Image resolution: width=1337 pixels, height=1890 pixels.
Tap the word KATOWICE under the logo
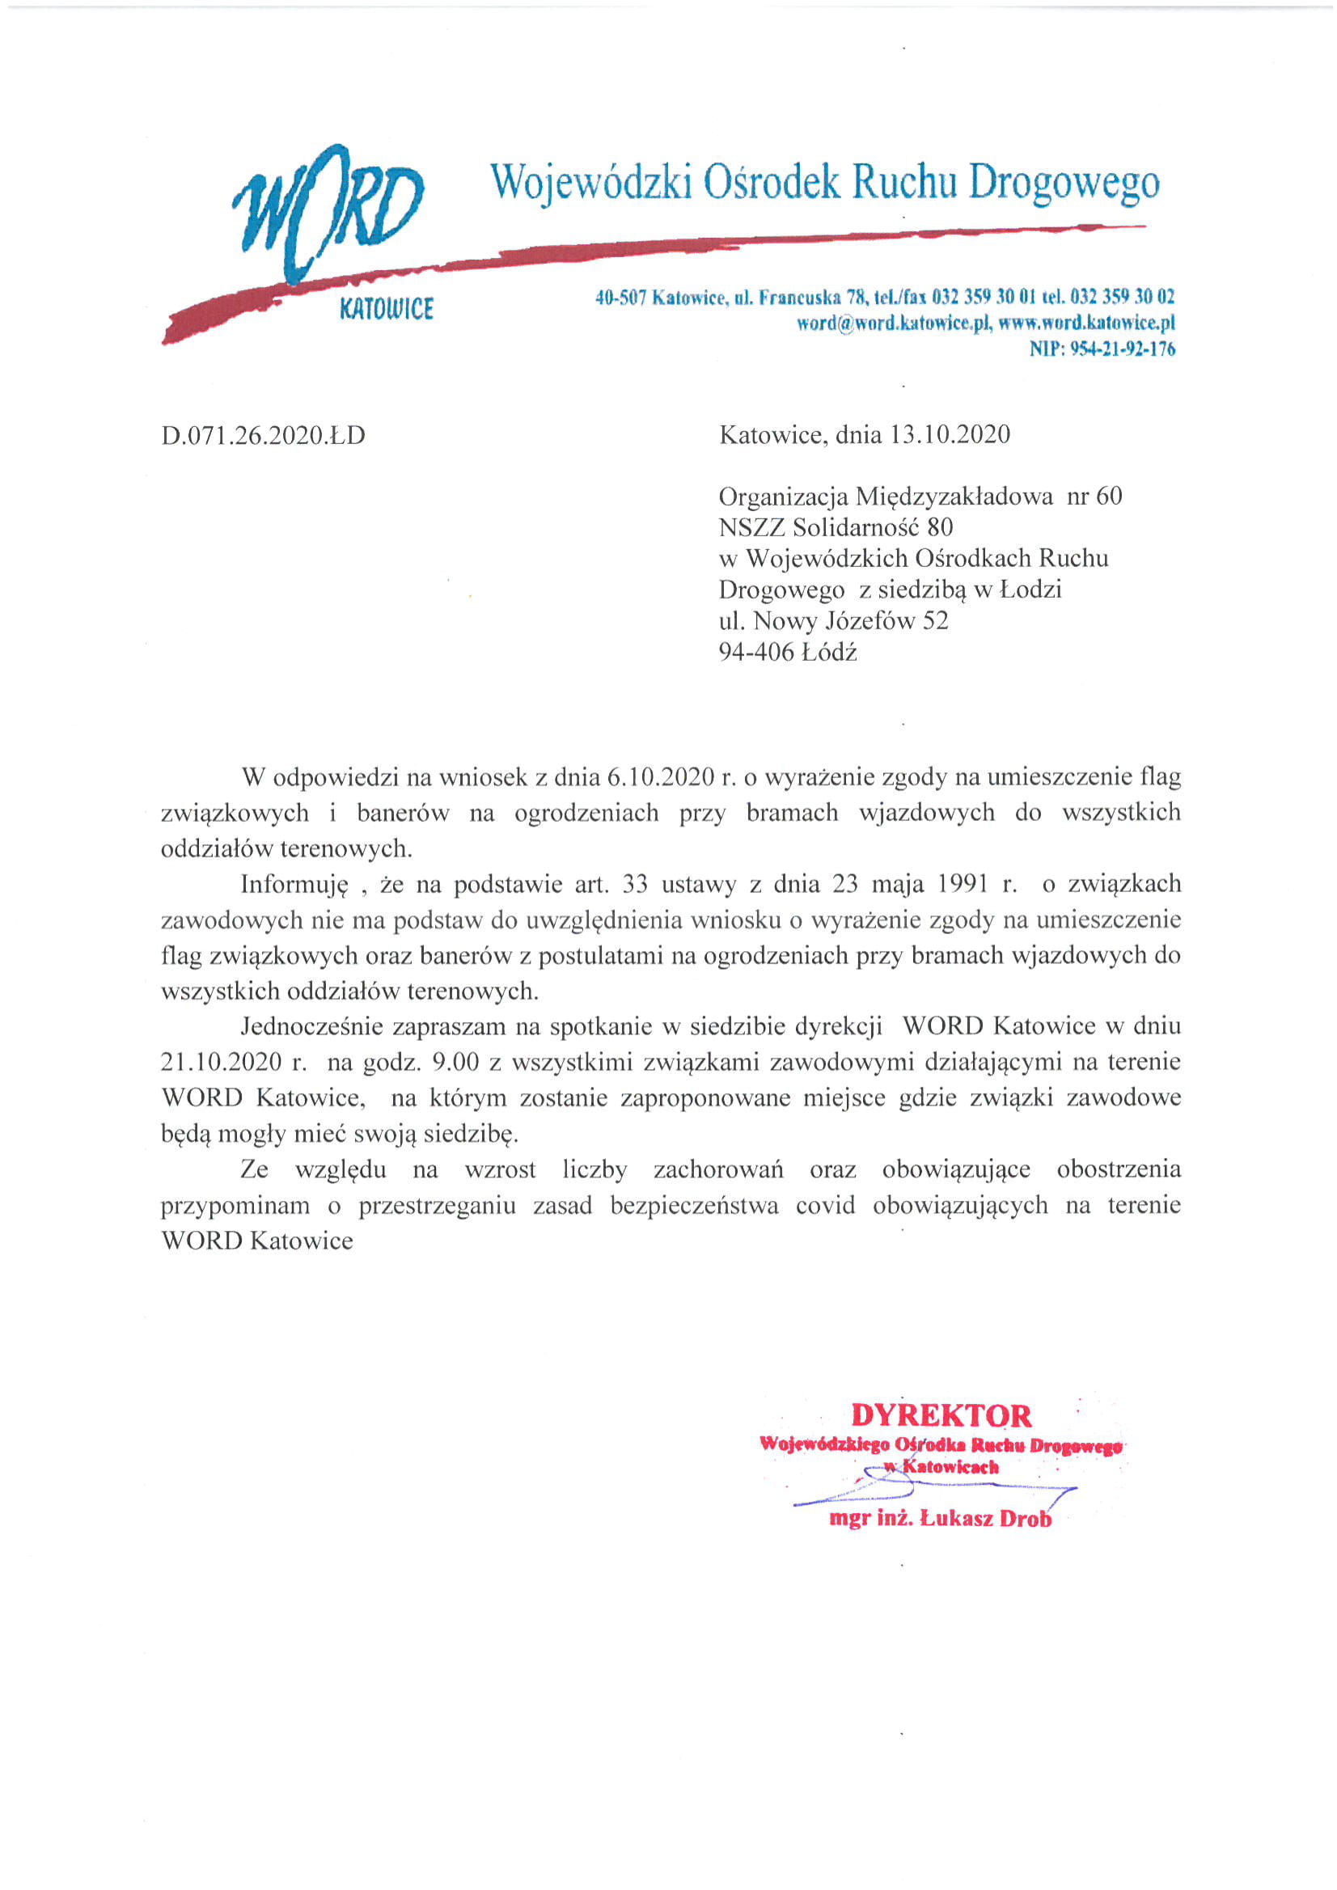[386, 310]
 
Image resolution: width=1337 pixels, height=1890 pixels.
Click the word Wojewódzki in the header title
[590, 183]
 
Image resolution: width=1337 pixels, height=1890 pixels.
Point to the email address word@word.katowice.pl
[891, 323]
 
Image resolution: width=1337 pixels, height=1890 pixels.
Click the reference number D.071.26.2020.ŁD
[263, 434]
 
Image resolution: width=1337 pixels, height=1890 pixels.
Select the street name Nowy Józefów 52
[850, 620]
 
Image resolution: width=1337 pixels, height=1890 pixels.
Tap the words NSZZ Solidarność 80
[835, 526]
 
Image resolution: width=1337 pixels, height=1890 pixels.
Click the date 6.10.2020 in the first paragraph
[660, 776]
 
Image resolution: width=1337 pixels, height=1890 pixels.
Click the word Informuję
[294, 885]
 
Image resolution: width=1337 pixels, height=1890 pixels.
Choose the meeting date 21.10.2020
[222, 1063]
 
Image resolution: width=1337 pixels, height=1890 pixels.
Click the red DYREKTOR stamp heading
[940, 1415]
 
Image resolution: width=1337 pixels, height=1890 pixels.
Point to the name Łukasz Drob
[985, 1519]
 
